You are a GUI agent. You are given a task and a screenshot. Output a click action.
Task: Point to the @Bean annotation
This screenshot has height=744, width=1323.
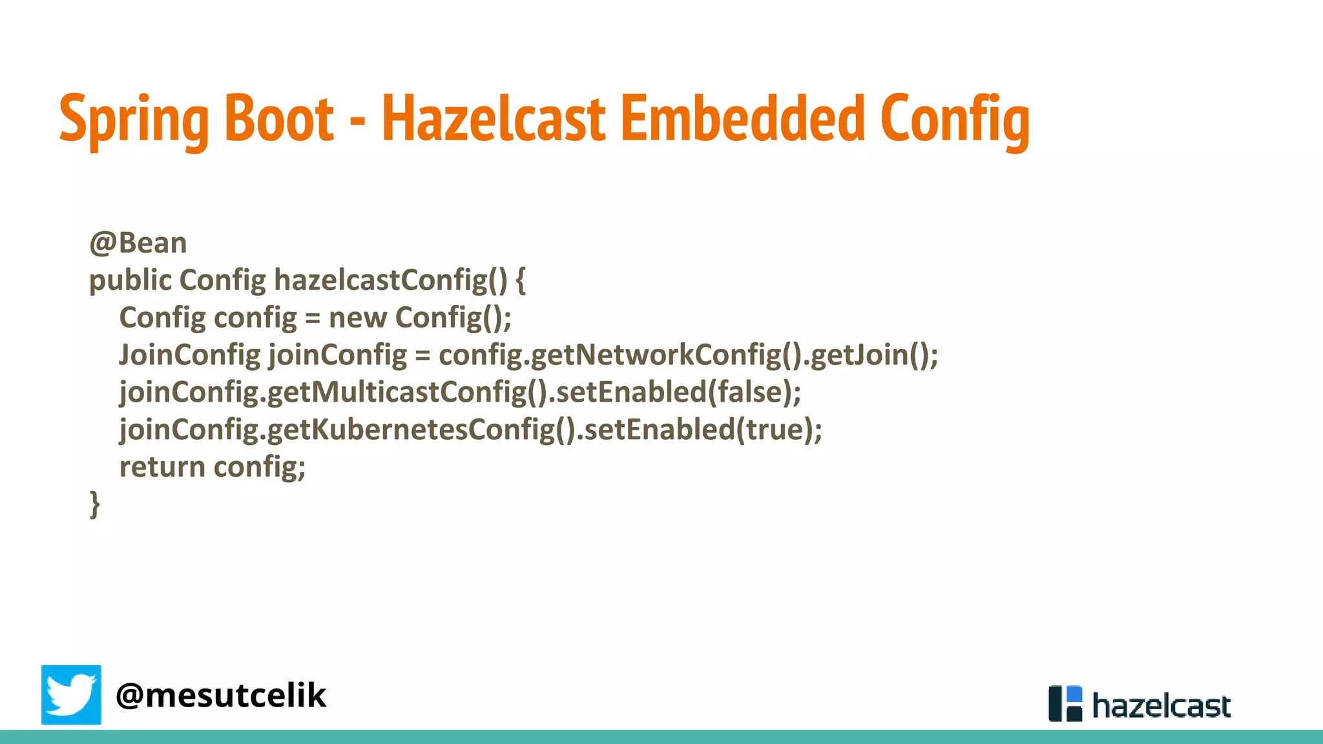pyautogui.click(x=138, y=243)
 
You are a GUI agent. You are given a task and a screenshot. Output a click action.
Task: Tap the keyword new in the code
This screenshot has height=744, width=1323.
pyautogui.click(x=357, y=318)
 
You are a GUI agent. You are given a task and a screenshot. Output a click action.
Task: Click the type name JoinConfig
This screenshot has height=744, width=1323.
pyautogui.click(x=189, y=355)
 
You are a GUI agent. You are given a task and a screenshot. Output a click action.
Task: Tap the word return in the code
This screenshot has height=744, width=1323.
pyautogui.click(x=162, y=467)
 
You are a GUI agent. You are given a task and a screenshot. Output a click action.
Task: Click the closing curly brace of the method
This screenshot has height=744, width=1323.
pyautogui.click(x=95, y=504)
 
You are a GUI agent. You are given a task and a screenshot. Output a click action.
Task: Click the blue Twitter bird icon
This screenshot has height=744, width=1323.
pyautogui.click(x=71, y=695)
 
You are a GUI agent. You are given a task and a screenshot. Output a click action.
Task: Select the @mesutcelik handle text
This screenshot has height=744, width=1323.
pyautogui.click(x=221, y=696)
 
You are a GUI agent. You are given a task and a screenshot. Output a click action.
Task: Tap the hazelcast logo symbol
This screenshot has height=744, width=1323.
pyautogui.click(x=1065, y=703)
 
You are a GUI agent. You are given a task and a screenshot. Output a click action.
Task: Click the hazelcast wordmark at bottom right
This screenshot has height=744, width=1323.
pyautogui.click(x=1161, y=706)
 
